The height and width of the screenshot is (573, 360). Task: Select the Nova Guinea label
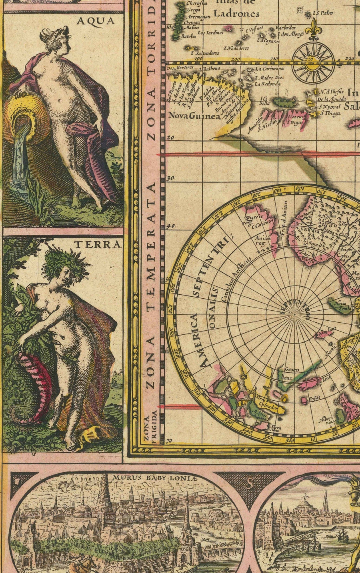[x=194, y=116]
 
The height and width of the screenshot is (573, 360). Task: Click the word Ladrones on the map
[x=236, y=14]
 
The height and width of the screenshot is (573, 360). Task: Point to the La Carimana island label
[x=270, y=69]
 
